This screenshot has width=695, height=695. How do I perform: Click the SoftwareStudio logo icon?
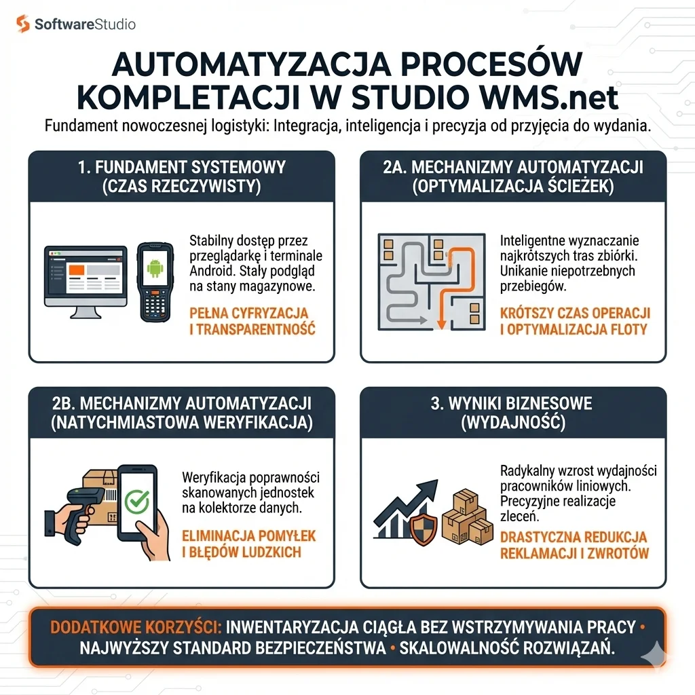coord(23,24)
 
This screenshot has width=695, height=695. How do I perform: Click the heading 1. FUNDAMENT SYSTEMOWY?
coord(181,167)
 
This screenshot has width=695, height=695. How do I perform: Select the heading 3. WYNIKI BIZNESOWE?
coord(512,403)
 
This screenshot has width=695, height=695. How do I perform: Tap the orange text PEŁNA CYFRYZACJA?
coord(248,314)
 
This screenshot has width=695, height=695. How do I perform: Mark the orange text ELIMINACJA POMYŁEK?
coord(248,536)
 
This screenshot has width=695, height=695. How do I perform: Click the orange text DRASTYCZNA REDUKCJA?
coord(574,537)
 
